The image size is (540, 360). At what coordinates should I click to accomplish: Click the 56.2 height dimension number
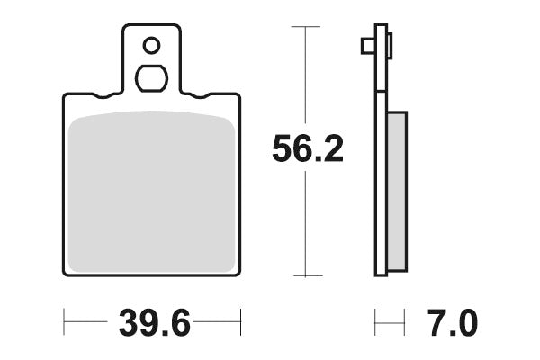coord(308,148)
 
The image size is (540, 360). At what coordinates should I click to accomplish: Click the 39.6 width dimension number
coord(154,323)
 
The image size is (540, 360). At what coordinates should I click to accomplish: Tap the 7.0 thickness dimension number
coord(453,323)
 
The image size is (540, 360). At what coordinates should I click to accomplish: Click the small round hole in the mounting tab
coord(151,46)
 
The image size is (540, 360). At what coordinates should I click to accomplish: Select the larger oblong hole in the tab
coord(151,78)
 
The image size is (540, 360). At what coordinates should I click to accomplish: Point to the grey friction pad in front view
coord(151,191)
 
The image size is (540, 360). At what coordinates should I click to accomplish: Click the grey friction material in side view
coord(397,191)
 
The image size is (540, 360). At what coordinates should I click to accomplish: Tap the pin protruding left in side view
coord(368,46)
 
